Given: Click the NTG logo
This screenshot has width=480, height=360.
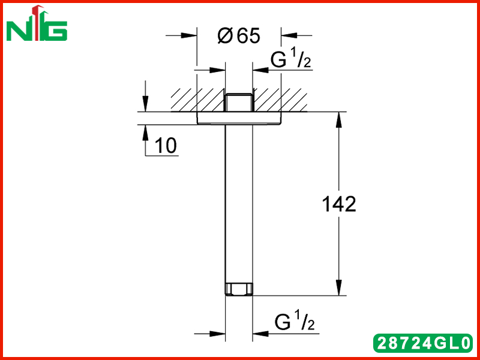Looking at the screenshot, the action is [x=37, y=23].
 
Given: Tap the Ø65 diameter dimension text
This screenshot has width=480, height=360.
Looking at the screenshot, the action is [x=239, y=35].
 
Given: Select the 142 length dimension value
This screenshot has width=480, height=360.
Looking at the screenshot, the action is [x=339, y=204].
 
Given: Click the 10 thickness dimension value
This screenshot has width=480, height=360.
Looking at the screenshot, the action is [x=166, y=145].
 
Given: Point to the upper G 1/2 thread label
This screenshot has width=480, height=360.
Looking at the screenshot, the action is [x=290, y=59].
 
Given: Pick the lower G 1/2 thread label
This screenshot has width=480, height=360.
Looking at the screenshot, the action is [x=295, y=322].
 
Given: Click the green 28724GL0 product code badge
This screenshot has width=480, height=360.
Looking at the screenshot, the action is [x=423, y=343].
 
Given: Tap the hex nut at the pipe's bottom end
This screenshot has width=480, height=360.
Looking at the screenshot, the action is [x=239, y=289].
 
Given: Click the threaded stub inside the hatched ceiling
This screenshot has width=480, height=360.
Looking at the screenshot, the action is [x=239, y=102].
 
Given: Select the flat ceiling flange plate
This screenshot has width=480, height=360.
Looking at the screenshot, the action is [x=239, y=118].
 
